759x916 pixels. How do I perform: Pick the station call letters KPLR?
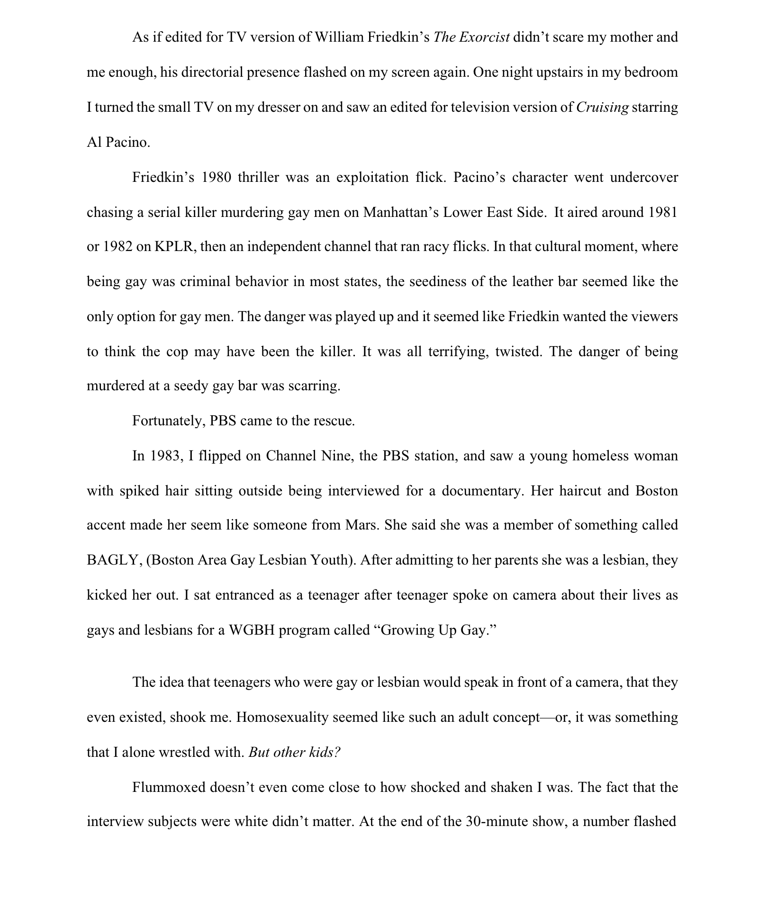[x=175, y=247]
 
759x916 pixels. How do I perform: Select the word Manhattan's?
[x=400, y=212]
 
